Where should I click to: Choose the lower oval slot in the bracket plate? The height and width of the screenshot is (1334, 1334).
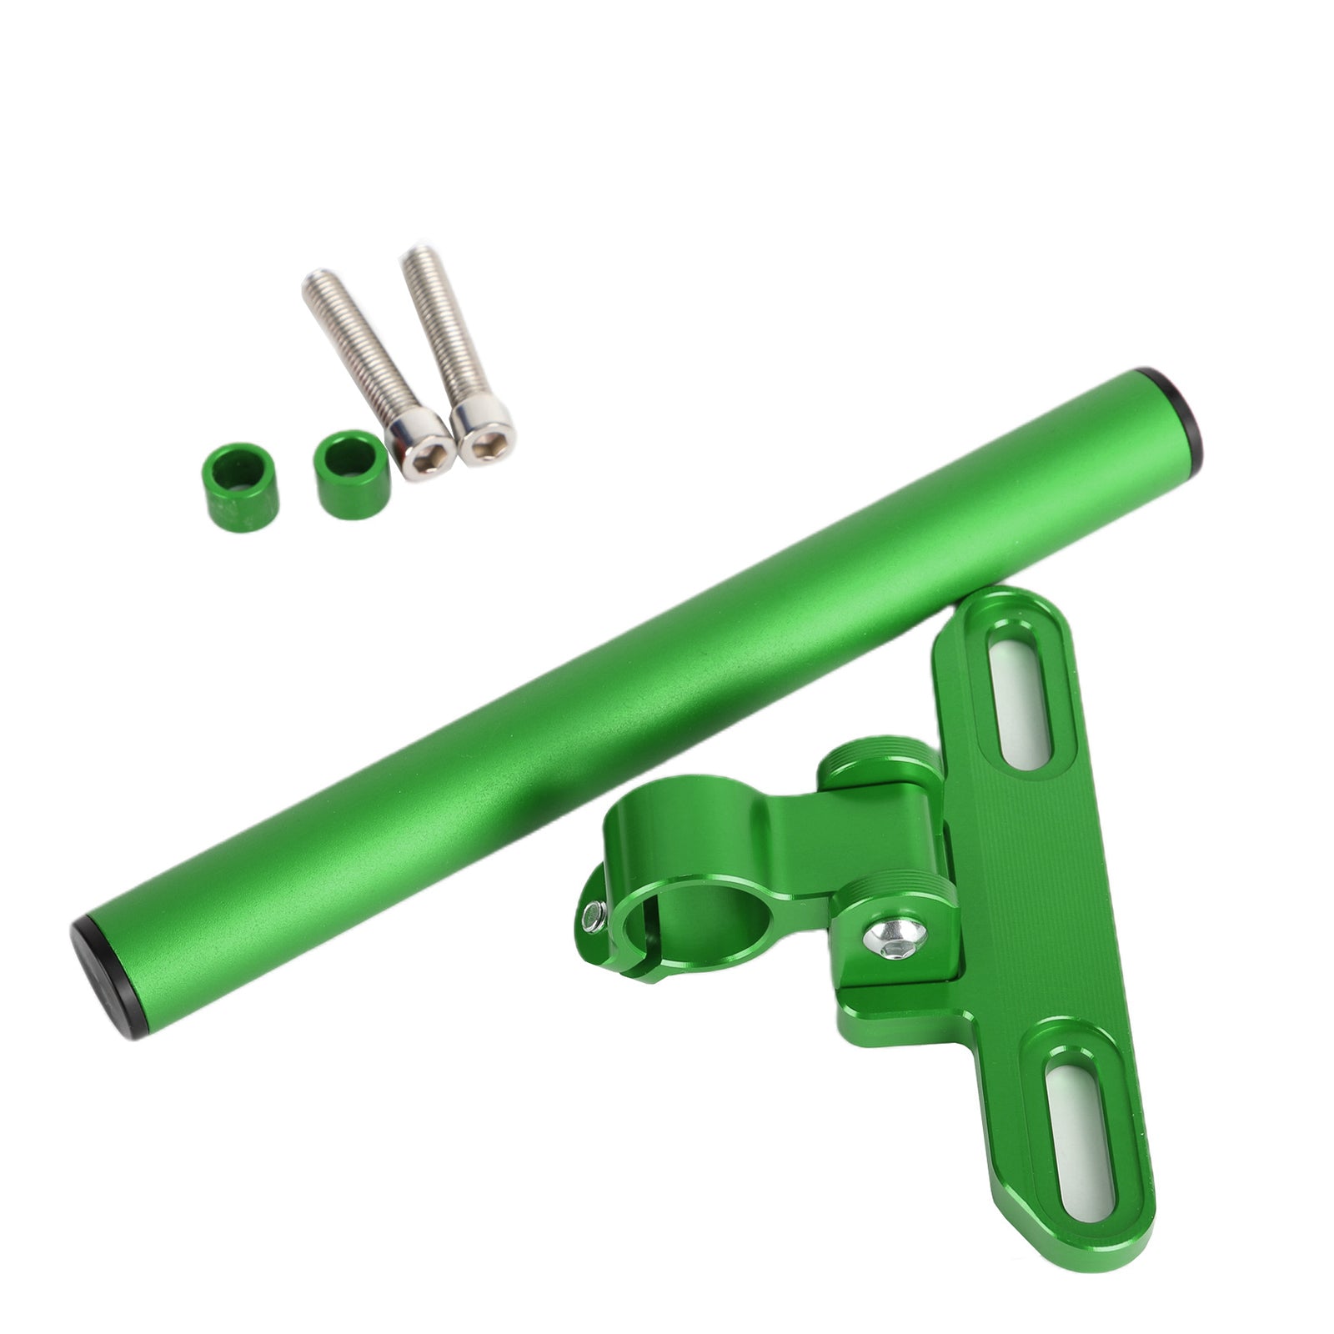pyautogui.click(x=1087, y=1121)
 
